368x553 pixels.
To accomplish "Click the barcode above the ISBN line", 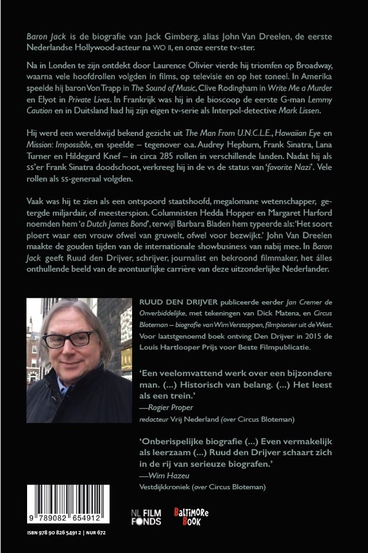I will pyautogui.click(x=66, y=504).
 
